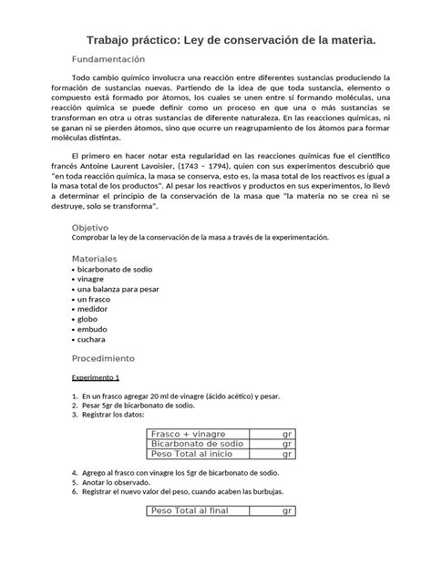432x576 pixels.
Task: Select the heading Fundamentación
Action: click(x=109, y=59)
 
